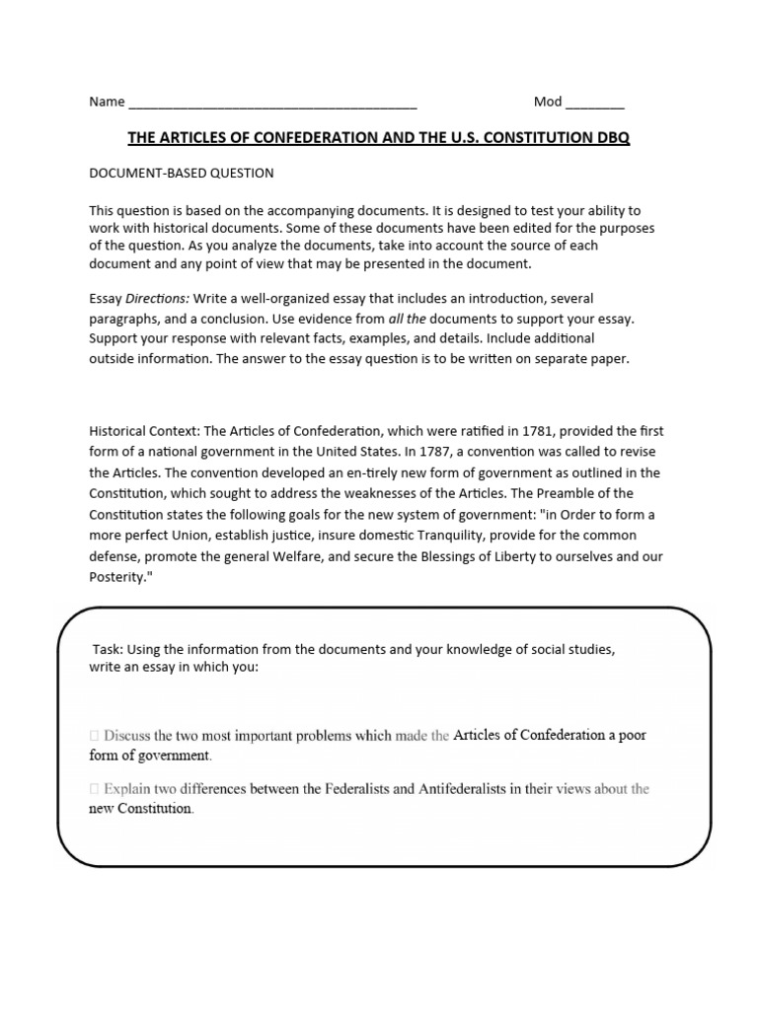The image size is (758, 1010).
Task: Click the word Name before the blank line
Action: [x=107, y=102]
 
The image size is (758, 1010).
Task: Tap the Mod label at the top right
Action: [x=548, y=102]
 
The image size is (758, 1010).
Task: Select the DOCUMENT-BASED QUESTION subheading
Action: [x=182, y=173]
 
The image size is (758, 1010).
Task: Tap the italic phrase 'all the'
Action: [x=408, y=319]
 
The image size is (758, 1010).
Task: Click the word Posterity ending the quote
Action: [x=122, y=576]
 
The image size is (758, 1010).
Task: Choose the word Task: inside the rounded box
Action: [x=109, y=650]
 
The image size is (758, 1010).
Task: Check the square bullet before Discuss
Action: [x=94, y=736]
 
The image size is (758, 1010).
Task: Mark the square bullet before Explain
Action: [x=94, y=789]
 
